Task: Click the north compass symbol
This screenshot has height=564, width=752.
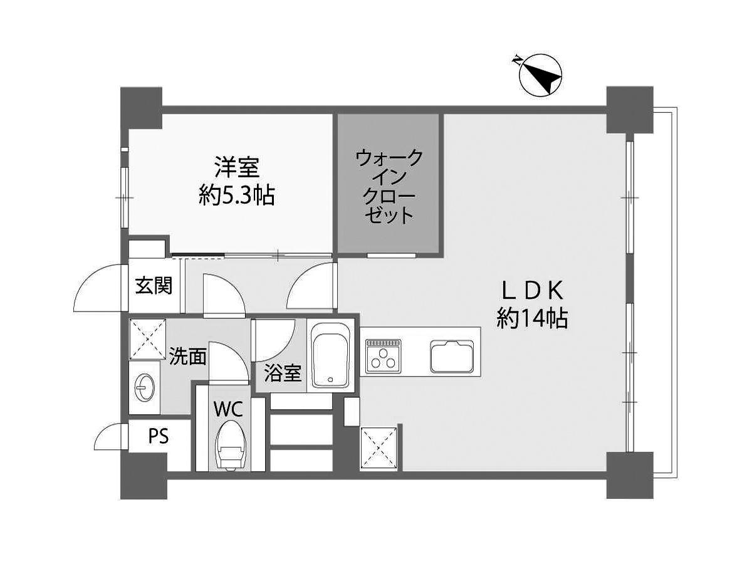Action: click(x=541, y=76)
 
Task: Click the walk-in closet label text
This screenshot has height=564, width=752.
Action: click(x=389, y=186)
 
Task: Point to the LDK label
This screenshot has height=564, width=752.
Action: click(x=533, y=290)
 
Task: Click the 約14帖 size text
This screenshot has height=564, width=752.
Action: click(x=533, y=319)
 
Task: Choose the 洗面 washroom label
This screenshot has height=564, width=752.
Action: click(x=187, y=357)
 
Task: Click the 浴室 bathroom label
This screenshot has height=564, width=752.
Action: click(x=282, y=374)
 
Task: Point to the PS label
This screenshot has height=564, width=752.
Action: click(x=159, y=436)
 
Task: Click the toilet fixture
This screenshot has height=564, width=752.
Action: click(x=229, y=445)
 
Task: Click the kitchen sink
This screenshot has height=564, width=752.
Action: click(x=451, y=355)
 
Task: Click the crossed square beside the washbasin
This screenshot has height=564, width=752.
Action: click(x=149, y=338)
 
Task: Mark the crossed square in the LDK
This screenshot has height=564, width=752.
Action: click(x=379, y=447)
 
